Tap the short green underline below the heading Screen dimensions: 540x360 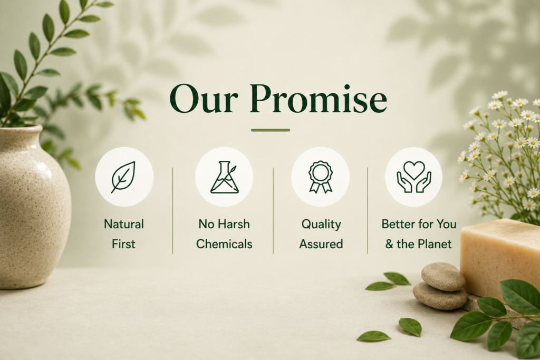pyautogui.click(x=271, y=130)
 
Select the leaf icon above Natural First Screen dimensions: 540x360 pyautogui.click(x=123, y=177)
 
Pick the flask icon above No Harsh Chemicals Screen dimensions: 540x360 pyautogui.click(x=224, y=177)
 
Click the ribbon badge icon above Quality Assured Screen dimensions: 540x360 pyautogui.click(x=321, y=177)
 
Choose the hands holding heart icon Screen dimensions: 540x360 pyautogui.click(x=414, y=177)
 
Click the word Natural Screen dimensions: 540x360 pyautogui.click(x=123, y=224)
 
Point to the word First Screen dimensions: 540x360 pyautogui.click(x=123, y=244)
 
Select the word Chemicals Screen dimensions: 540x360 pyautogui.click(x=224, y=244)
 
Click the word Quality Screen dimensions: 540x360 pyautogui.click(x=321, y=225)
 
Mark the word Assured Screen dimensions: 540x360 pyautogui.click(x=321, y=244)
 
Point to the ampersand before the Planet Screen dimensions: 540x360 pyautogui.click(x=389, y=244)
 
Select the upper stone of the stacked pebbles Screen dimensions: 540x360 pyautogui.click(x=443, y=276)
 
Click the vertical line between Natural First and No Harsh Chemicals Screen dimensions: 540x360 pyautogui.click(x=172, y=211)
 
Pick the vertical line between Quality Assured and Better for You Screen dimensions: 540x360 pyautogui.click(x=368, y=211)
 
